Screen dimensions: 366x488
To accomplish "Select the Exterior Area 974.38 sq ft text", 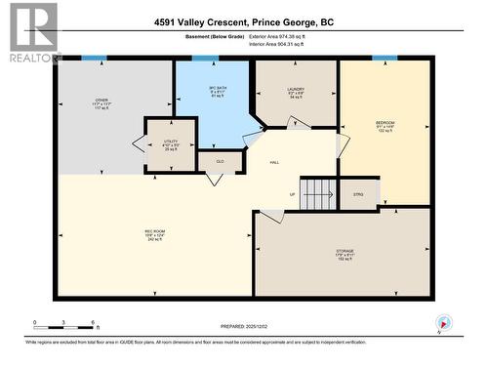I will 271,36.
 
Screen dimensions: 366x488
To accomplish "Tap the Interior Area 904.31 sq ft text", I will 271,44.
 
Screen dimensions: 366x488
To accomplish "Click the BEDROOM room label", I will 385,127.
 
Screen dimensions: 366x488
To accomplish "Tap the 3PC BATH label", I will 204,92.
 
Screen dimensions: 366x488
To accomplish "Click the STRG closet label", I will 358,194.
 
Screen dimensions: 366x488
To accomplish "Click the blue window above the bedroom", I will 385,59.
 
